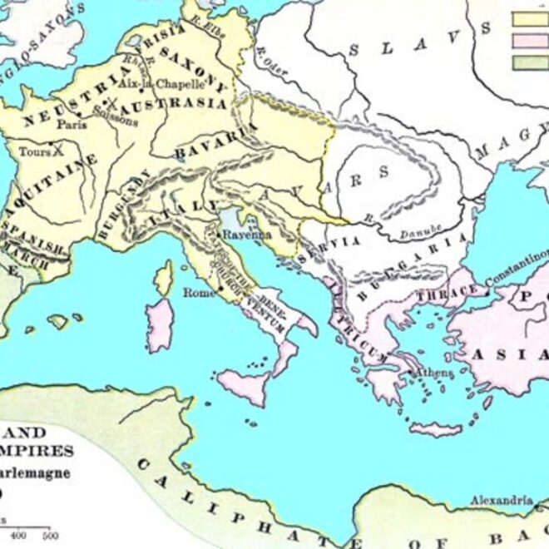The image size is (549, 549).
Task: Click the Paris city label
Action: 72,125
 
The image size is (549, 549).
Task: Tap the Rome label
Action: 194,293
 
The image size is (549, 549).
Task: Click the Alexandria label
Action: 501,500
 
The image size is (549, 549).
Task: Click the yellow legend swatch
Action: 530,18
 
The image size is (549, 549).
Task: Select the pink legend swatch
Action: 530,41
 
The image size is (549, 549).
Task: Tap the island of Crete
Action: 435,429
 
